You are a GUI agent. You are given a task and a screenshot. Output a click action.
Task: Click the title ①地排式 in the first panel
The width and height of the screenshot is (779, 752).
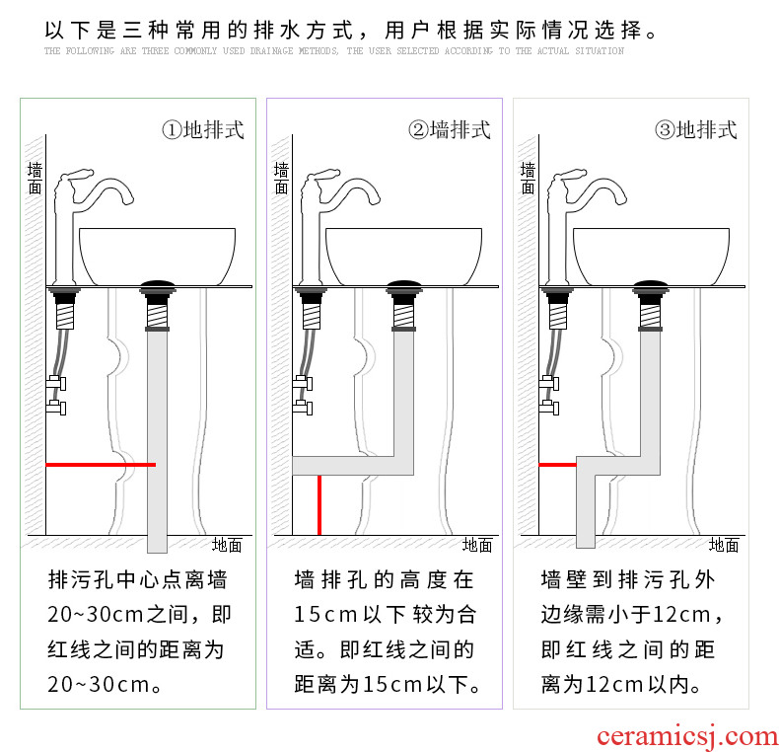pyautogui.click(x=203, y=130)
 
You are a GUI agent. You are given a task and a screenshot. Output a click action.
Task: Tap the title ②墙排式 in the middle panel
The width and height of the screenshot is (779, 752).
pyautogui.click(x=450, y=130)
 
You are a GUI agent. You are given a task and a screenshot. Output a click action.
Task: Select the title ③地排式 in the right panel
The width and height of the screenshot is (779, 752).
pyautogui.click(x=696, y=130)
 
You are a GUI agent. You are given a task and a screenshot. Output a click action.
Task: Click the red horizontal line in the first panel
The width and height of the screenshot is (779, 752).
pyautogui.click(x=101, y=465)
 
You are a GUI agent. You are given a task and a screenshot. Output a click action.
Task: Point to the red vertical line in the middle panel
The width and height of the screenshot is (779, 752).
pyautogui.click(x=319, y=505)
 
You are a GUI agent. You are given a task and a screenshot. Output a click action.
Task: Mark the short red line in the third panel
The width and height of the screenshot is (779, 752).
pyautogui.click(x=557, y=465)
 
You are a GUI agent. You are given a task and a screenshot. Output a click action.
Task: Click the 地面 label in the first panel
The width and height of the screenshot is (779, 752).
pyautogui.click(x=227, y=545)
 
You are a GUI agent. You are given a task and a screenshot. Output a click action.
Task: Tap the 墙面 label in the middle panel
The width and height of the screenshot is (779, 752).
pyautogui.click(x=281, y=178)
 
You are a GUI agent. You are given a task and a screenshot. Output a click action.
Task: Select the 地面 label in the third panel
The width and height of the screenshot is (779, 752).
pyautogui.click(x=724, y=545)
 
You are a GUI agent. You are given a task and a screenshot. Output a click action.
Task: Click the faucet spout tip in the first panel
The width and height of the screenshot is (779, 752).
pyautogui.click(x=128, y=200)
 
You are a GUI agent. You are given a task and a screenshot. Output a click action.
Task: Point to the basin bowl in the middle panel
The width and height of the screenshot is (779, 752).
pyautogui.click(x=403, y=257)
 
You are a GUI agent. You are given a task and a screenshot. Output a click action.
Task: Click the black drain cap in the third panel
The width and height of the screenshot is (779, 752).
pyautogui.click(x=651, y=286)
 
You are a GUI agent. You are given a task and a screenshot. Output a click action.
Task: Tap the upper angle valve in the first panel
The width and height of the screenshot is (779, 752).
pyautogui.click(x=56, y=383)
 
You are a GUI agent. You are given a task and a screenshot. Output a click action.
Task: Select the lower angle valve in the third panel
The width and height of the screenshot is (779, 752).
pyautogui.click(x=549, y=408)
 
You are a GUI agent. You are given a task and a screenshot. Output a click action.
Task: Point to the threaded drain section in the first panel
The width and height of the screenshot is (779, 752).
pyautogui.click(x=158, y=316)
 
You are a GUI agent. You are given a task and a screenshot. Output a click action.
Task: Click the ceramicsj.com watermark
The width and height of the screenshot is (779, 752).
pyautogui.click(x=687, y=736)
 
